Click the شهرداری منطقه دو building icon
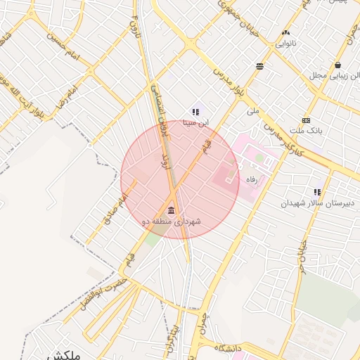(171, 211)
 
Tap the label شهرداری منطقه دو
(172, 222)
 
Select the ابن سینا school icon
(195, 112)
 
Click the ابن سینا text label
(196, 122)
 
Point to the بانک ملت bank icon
(306, 120)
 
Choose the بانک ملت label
(305, 131)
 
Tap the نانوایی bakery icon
(285, 33)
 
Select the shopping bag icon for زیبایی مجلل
(337, 65)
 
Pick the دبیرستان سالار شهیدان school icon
(317, 192)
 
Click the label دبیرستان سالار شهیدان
(311, 203)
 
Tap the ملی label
(253, 110)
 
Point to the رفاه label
(251, 179)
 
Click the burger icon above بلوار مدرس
(260, 66)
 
